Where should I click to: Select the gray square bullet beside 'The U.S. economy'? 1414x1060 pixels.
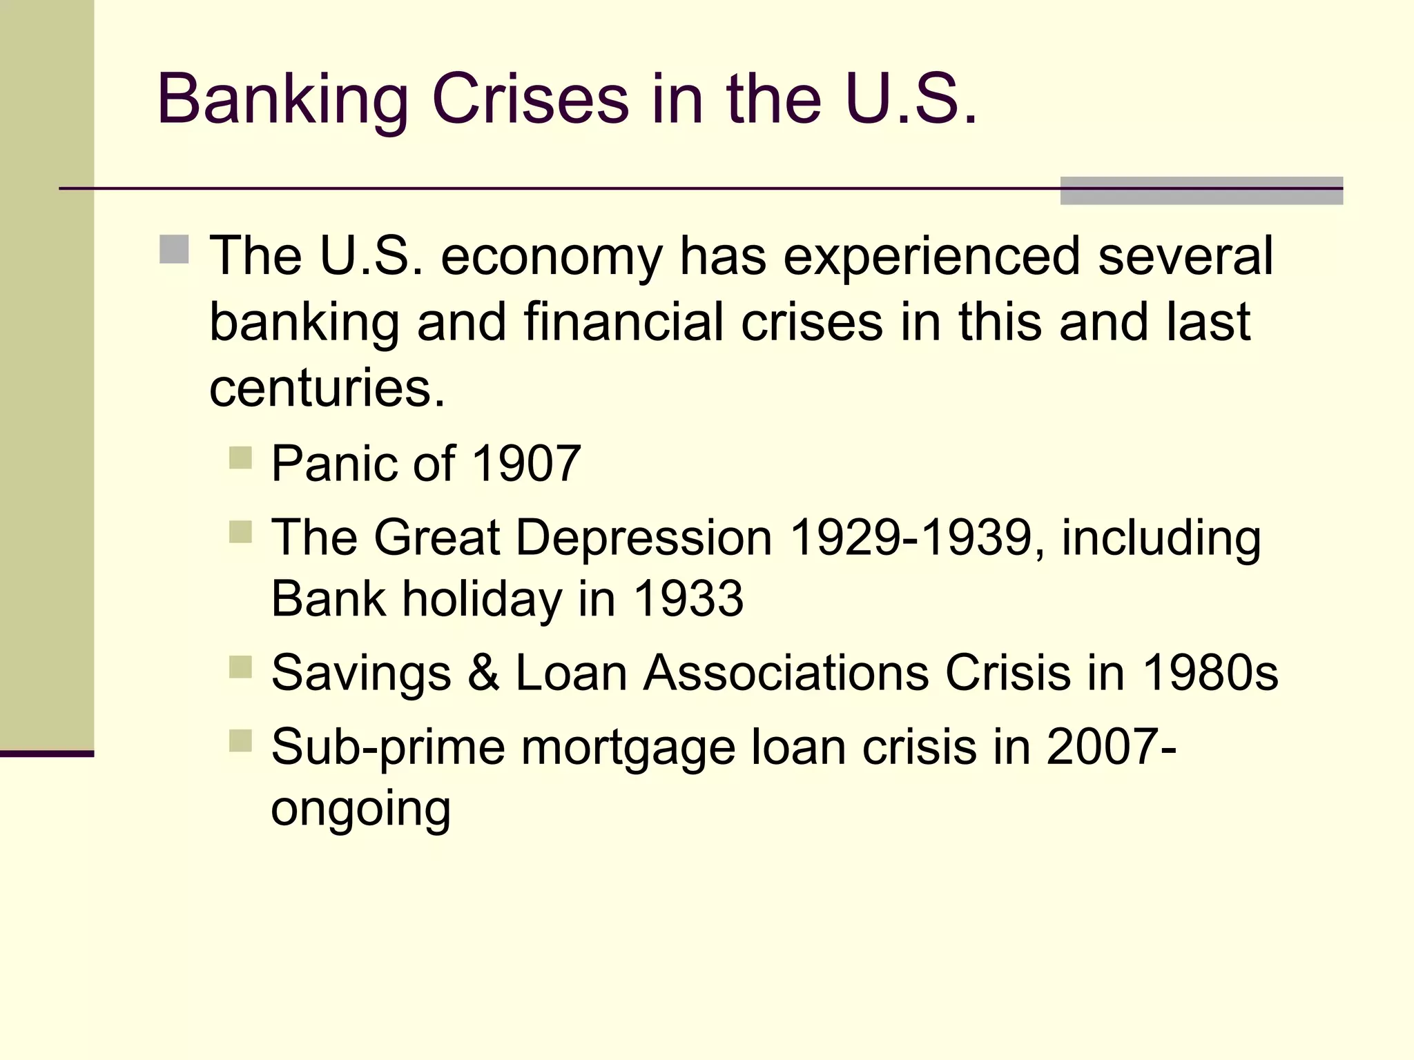pos(174,249)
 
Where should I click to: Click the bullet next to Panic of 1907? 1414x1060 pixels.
pos(240,458)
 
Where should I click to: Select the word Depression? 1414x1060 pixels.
pos(643,538)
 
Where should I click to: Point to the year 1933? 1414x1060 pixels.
pos(688,598)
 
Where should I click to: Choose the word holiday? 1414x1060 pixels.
pos(482,598)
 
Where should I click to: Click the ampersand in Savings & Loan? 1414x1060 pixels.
pos(483,672)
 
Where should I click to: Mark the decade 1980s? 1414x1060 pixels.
pos(1210,672)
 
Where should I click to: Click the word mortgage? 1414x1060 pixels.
pos(628,747)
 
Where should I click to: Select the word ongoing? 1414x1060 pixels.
pos(360,809)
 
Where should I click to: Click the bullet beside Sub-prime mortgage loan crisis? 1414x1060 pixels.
pos(240,740)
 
